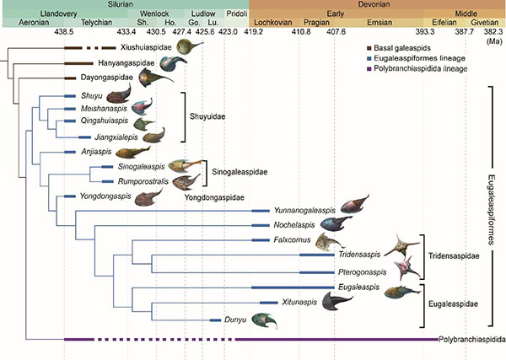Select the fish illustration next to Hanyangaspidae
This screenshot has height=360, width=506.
(x=175, y=62)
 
